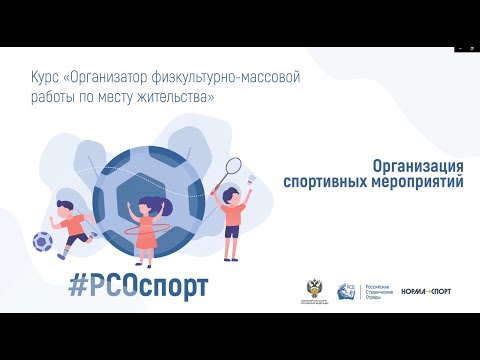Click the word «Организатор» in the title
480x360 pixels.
click(x=133, y=76)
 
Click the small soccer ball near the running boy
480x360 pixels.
click(x=43, y=241)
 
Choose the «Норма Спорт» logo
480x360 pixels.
click(x=425, y=292)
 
